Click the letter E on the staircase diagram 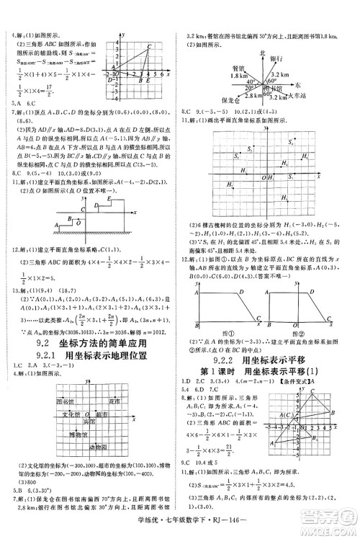coord(108,198)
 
